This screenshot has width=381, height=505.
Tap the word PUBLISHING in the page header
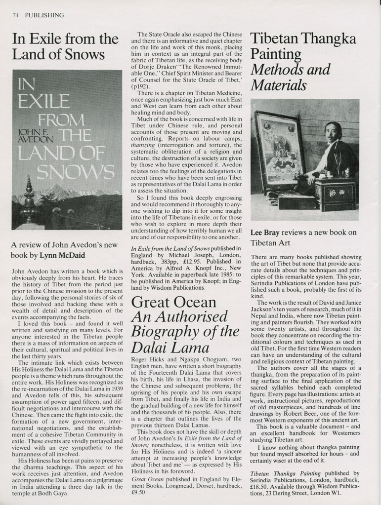44,15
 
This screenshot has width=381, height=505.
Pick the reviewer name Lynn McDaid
64,255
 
